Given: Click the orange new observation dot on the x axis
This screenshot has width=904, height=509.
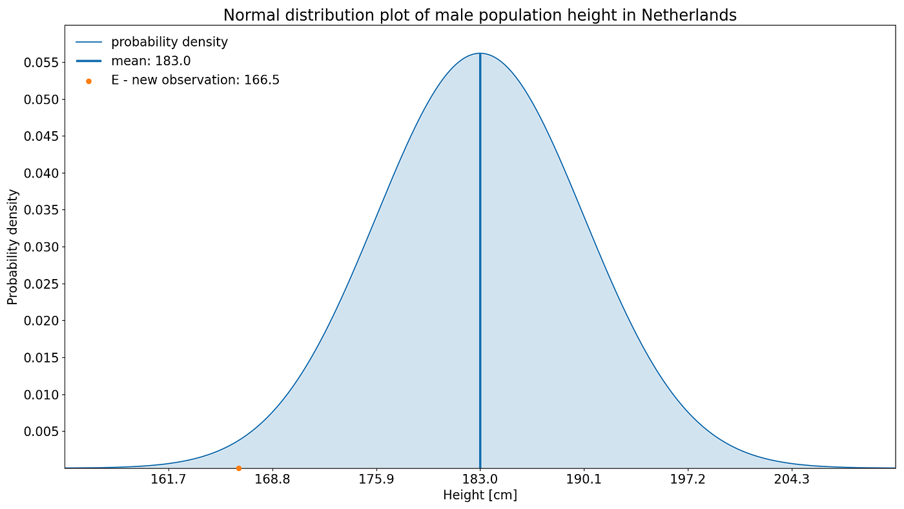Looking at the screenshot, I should pos(238,468).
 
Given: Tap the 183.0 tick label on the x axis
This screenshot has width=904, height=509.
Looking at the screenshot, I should pos(480,480).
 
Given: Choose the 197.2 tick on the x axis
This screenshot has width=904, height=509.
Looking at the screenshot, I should pos(688,480).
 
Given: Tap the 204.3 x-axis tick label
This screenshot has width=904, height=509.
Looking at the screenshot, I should pos(792,480).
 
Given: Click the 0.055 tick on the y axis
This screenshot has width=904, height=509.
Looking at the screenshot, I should pos(41,63).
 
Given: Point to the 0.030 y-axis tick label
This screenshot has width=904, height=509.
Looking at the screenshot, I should pos(41,247).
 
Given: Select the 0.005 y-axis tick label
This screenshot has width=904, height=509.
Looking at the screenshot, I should pos(41,431).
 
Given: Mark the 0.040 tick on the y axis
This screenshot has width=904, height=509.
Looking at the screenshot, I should pos(41,173).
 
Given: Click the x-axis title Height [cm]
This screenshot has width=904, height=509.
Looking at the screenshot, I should pos(480,495).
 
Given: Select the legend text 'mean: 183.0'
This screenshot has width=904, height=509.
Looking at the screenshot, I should pos(150,61).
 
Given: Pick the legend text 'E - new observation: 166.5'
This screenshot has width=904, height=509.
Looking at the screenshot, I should pos(195,80).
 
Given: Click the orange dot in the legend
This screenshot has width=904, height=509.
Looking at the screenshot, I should pos(88,81).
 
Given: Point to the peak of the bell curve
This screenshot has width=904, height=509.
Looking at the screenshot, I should pos(480,54).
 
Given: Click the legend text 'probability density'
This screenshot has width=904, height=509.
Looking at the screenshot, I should pos(169,43).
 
